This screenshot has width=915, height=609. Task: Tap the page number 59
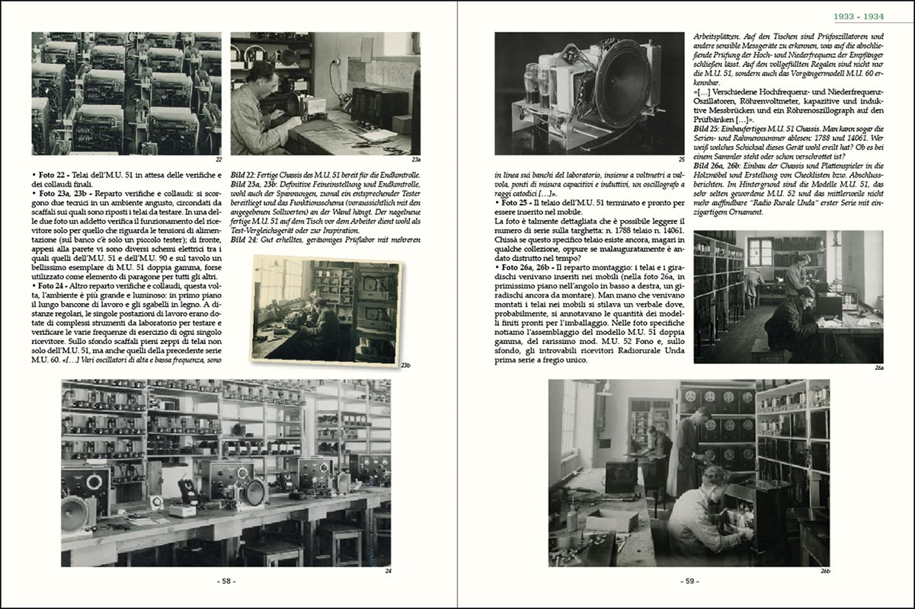(x=689, y=581)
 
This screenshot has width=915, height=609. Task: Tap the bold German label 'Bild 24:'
(x=247, y=238)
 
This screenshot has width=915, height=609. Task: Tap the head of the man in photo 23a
(x=265, y=74)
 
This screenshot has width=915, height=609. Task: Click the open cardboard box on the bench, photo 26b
(x=611, y=520)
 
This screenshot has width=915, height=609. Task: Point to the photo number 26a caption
(x=878, y=367)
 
